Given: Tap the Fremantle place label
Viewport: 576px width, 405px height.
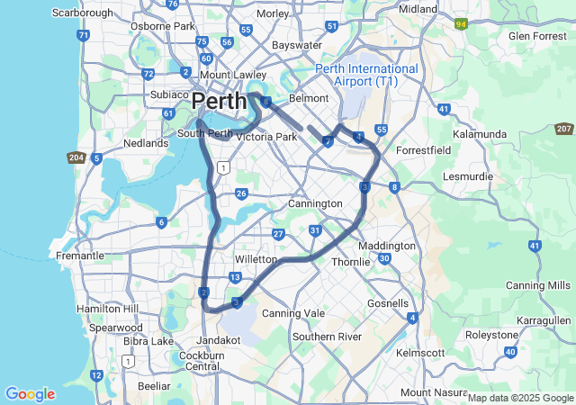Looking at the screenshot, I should click(x=80, y=256).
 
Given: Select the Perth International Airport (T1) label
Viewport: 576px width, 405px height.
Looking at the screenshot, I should click(x=366, y=75).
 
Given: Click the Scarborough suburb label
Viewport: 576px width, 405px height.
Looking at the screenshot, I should click(x=83, y=13).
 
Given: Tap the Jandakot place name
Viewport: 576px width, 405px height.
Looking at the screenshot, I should click(x=219, y=340).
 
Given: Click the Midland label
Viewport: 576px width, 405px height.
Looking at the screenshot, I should click(x=417, y=8).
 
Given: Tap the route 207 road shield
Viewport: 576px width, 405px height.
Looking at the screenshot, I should click(x=564, y=130).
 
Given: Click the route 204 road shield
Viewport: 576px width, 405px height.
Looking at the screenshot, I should click(x=76, y=157).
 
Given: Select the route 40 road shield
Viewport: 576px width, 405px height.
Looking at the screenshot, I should click(x=511, y=352).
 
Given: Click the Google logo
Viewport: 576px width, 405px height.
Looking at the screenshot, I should click(x=30, y=394).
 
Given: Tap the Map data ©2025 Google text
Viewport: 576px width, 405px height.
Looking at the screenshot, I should click(x=519, y=398).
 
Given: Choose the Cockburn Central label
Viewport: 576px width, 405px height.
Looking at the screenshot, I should click(x=202, y=360).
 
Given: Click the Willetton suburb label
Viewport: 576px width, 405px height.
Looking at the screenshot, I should click(x=255, y=259).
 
